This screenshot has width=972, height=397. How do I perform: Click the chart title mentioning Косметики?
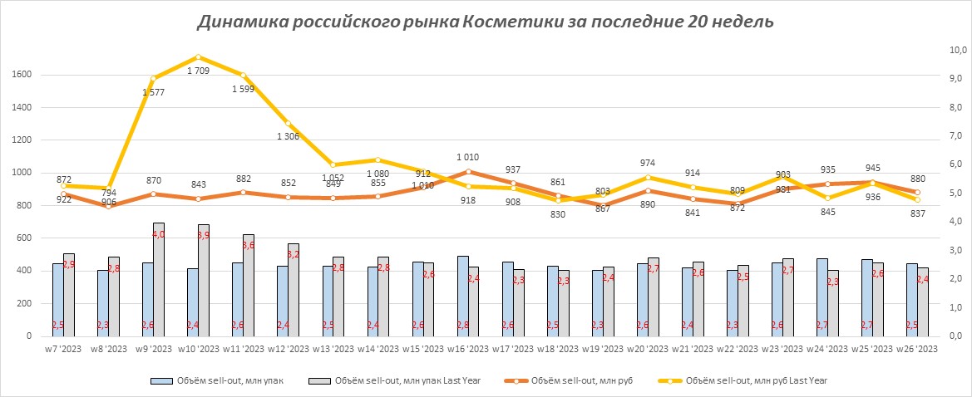[x=486, y=22]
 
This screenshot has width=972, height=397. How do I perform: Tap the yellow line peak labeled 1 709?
[x=198, y=57]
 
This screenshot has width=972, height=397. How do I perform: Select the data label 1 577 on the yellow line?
[x=154, y=92]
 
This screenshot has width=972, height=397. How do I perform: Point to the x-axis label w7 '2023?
[x=63, y=350]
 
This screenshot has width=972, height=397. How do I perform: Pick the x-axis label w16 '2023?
[x=467, y=350]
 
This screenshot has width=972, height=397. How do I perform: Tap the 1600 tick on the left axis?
[x=22, y=75]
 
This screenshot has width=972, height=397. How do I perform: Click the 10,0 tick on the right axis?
[x=956, y=50]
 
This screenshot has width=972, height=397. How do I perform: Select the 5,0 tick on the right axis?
[x=956, y=193]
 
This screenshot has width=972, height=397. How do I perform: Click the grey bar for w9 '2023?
[x=159, y=279]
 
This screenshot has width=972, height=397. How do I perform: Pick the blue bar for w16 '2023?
[x=462, y=296]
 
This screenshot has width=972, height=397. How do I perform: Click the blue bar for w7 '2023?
[x=58, y=300]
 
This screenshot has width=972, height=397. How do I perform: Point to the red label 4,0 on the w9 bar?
[x=159, y=235]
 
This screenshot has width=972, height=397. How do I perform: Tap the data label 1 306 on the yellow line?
[x=287, y=136]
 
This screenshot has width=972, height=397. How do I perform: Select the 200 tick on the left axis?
[x=22, y=304]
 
